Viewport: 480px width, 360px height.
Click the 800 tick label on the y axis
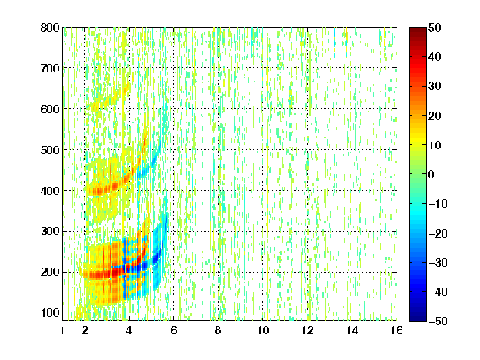click(x=50, y=27)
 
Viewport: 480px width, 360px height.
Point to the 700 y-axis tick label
click(x=50, y=68)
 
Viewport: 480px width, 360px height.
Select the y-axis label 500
click(x=50, y=150)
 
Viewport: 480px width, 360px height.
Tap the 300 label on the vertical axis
click(x=50, y=232)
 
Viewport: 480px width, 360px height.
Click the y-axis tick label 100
click(x=50, y=312)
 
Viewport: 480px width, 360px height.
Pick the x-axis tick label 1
click(x=62, y=330)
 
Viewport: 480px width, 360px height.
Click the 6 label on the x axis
click(x=173, y=330)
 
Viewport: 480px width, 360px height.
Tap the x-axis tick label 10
click(x=263, y=330)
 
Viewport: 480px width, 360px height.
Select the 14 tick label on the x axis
click(x=352, y=330)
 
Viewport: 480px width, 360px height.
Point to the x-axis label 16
click(x=397, y=330)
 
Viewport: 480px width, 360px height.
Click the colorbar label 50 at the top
click(x=434, y=27)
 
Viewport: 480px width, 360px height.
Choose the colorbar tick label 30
click(x=434, y=87)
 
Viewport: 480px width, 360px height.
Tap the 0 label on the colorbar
click(x=432, y=174)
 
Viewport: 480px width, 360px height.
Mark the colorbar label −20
click(x=438, y=233)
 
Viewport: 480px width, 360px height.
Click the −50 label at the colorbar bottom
click(x=438, y=321)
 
